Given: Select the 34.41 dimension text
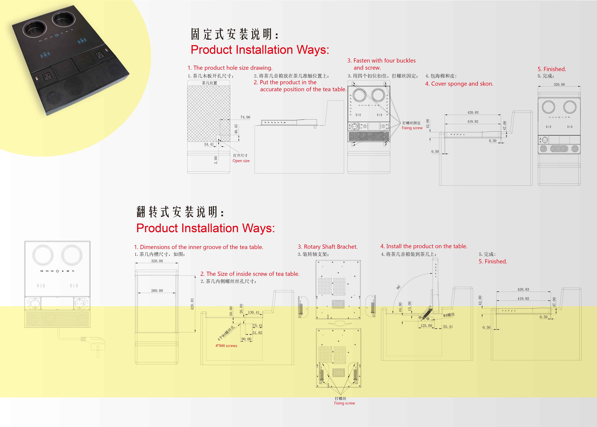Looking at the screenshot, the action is [x=209, y=144].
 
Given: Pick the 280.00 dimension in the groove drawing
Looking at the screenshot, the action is [x=157, y=291].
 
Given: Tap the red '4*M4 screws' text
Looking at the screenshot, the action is [x=226, y=346].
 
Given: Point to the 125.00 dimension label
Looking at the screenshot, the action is [x=426, y=326].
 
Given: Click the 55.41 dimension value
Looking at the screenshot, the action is [x=448, y=327].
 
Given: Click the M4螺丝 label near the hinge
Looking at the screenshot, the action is [x=449, y=315].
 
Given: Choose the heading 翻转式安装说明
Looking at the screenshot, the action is [x=180, y=212].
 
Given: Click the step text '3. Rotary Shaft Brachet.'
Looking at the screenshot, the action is [x=327, y=247].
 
